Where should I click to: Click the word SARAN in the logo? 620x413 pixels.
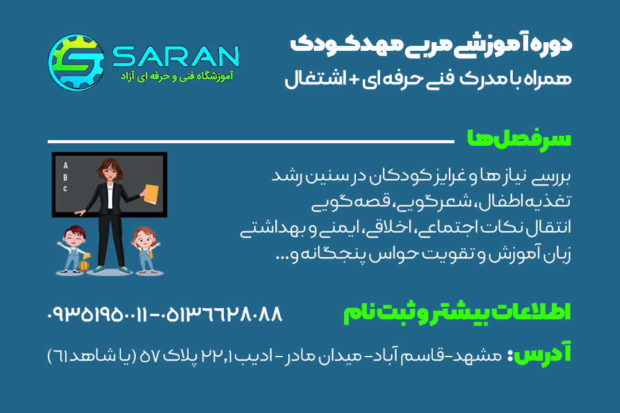point(176,56)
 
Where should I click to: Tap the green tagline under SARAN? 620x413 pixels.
point(176,76)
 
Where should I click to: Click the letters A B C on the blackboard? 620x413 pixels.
point(66,177)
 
